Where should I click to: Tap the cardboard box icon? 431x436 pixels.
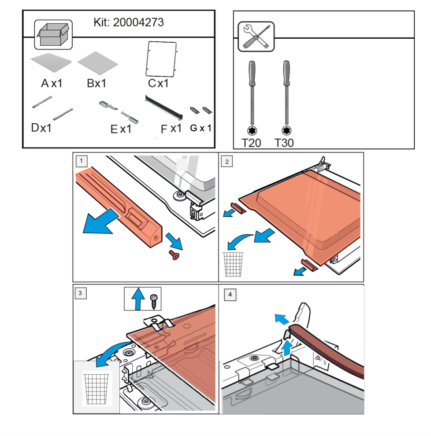(53, 34)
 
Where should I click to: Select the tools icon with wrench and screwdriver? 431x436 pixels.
(256, 36)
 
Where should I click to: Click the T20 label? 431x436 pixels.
(251, 143)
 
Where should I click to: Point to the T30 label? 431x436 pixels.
(284, 143)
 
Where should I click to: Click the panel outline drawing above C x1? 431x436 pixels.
(162, 59)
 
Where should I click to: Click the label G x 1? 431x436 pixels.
(201, 128)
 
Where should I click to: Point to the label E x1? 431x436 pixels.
(121, 129)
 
